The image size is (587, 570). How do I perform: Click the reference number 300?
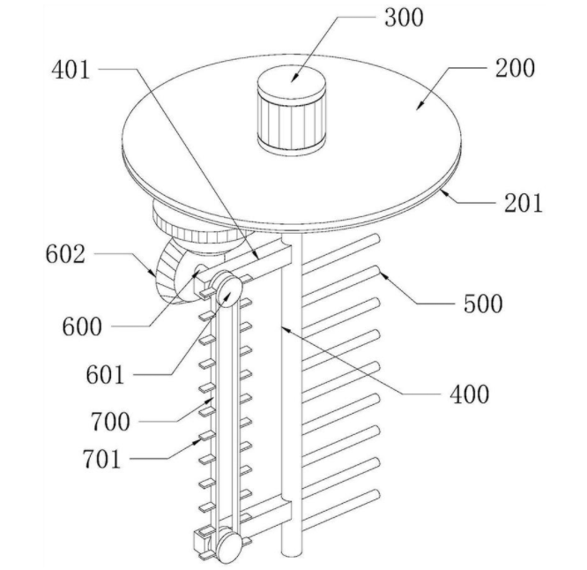(404, 18)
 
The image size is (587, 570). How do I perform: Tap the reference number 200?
(515, 68)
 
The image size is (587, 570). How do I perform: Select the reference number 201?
(524, 204)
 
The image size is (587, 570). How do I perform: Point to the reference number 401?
(71, 70)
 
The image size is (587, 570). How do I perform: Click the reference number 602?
(65, 254)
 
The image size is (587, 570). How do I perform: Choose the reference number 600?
(82, 326)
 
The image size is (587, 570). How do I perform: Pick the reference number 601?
(105, 375)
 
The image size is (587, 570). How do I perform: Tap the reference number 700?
(110, 422)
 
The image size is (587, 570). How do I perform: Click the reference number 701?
(102, 459)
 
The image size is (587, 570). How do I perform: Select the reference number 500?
(483, 304)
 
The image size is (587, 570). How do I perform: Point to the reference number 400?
(470, 394)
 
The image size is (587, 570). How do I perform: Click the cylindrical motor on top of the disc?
(291, 111)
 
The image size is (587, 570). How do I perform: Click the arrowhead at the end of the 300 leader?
(293, 79)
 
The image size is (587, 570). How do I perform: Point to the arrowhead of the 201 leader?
(444, 192)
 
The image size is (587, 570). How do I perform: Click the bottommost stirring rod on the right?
(341, 509)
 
